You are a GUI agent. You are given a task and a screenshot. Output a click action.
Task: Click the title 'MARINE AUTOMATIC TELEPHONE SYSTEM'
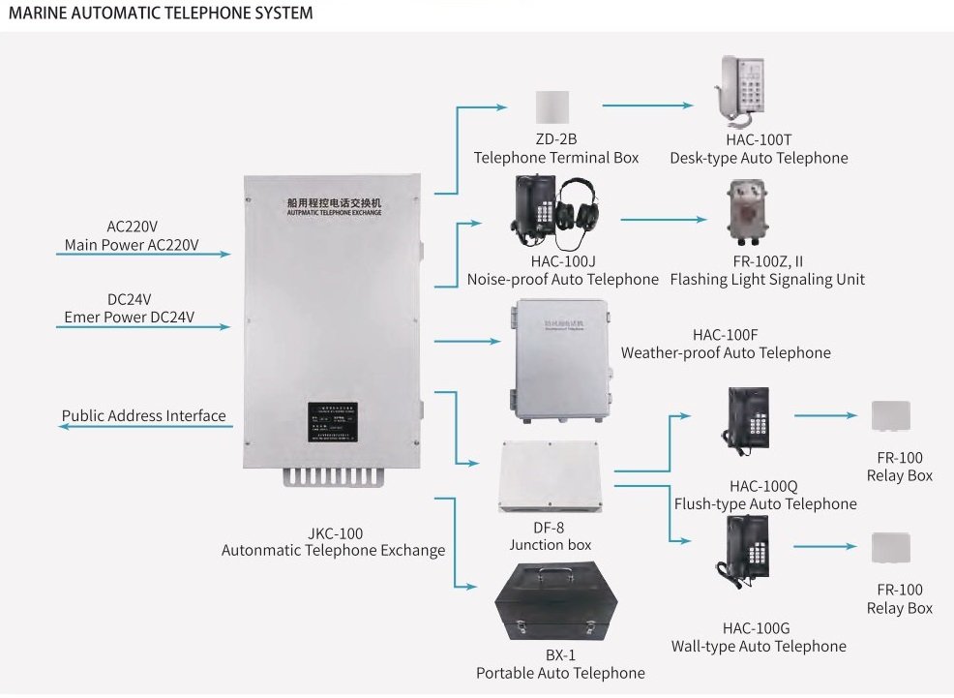161,14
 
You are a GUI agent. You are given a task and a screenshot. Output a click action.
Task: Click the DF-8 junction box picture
549,476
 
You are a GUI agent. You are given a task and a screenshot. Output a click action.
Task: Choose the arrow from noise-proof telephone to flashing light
669,220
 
